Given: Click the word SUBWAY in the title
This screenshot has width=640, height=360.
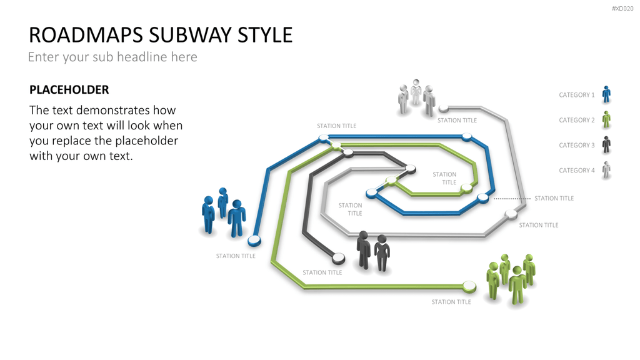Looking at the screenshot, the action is (191, 35).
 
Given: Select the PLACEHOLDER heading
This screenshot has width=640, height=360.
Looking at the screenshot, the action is (69, 90).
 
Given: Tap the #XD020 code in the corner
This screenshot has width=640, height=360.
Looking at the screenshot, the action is (622, 9).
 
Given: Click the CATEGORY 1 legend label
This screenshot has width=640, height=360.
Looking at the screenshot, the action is (577, 95).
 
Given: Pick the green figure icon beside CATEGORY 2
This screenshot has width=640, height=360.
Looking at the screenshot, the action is (606, 119).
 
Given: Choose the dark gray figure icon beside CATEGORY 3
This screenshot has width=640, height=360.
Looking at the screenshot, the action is (606, 145).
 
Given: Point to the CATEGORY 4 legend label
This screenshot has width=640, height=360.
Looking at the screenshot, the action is (577, 171).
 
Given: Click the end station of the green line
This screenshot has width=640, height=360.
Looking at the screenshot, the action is (469, 286).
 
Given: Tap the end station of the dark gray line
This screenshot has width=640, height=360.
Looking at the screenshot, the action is (338, 258).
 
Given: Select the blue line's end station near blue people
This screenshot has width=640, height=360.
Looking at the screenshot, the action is (254, 241).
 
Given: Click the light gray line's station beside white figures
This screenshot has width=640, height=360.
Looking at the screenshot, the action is (444, 109).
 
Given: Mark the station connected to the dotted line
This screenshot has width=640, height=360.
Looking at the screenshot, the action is (483, 198).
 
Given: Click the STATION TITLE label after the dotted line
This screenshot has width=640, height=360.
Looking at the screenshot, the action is (554, 198).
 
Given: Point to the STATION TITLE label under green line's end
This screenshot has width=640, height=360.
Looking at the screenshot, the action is (451, 302).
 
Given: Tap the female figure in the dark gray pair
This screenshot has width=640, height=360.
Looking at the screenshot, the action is (382, 253).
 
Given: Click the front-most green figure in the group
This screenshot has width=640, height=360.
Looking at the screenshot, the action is (517, 285).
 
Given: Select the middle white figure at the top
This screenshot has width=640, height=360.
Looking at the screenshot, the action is (416, 92).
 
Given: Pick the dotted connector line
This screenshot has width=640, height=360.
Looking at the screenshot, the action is (512, 199).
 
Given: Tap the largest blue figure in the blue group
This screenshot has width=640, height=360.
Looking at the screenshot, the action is (237, 218).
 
